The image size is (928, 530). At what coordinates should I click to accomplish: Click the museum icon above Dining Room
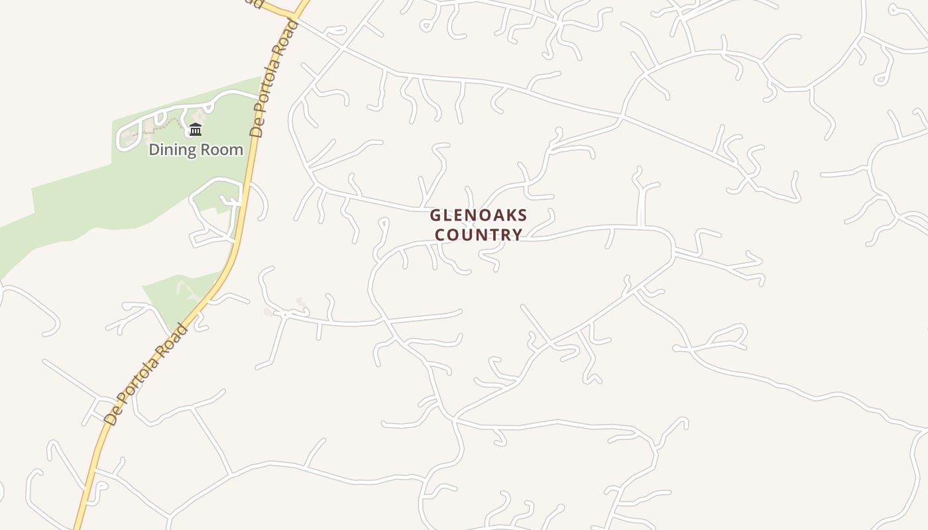[x=195, y=129]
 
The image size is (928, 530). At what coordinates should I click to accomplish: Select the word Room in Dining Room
[x=222, y=150]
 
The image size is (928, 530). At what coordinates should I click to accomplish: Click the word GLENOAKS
[x=479, y=215]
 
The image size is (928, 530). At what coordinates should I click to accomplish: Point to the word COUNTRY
[x=479, y=235]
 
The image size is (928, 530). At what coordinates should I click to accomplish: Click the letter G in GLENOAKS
[x=435, y=215]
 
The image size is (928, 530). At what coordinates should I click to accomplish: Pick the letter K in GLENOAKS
[x=510, y=215]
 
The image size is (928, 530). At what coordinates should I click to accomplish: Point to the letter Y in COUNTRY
[x=517, y=235]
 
